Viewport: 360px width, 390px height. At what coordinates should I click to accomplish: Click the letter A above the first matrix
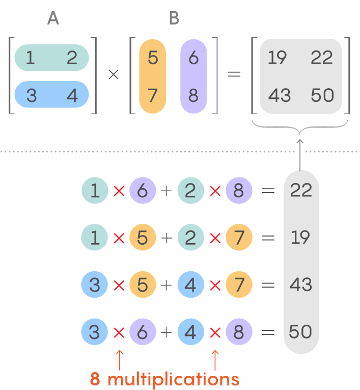click(53, 18)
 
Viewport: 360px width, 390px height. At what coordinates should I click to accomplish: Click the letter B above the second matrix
click(174, 18)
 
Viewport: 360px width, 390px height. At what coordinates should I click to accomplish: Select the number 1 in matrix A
click(31, 58)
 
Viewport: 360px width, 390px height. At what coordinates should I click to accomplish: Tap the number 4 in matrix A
click(73, 95)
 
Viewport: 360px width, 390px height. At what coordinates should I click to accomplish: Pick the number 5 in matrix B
click(153, 58)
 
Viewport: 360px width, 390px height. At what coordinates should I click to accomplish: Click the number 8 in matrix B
click(193, 95)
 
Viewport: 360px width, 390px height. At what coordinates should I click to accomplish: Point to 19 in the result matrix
click(278, 58)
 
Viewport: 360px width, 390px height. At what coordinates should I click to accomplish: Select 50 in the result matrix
click(322, 95)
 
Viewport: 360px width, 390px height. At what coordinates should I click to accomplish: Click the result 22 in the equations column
click(300, 191)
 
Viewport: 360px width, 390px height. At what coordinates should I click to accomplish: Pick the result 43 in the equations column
click(300, 284)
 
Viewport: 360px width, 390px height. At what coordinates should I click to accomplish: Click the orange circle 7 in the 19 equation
click(239, 238)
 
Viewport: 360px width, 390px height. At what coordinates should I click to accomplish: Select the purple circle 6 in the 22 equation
click(143, 191)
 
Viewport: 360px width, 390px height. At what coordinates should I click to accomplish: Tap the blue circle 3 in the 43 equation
click(94, 285)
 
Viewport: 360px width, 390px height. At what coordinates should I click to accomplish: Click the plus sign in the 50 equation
click(167, 332)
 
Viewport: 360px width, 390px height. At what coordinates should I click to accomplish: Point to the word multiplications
click(173, 379)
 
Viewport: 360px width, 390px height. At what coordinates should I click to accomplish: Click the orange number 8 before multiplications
click(95, 379)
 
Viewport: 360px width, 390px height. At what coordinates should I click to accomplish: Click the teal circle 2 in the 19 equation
click(190, 238)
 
